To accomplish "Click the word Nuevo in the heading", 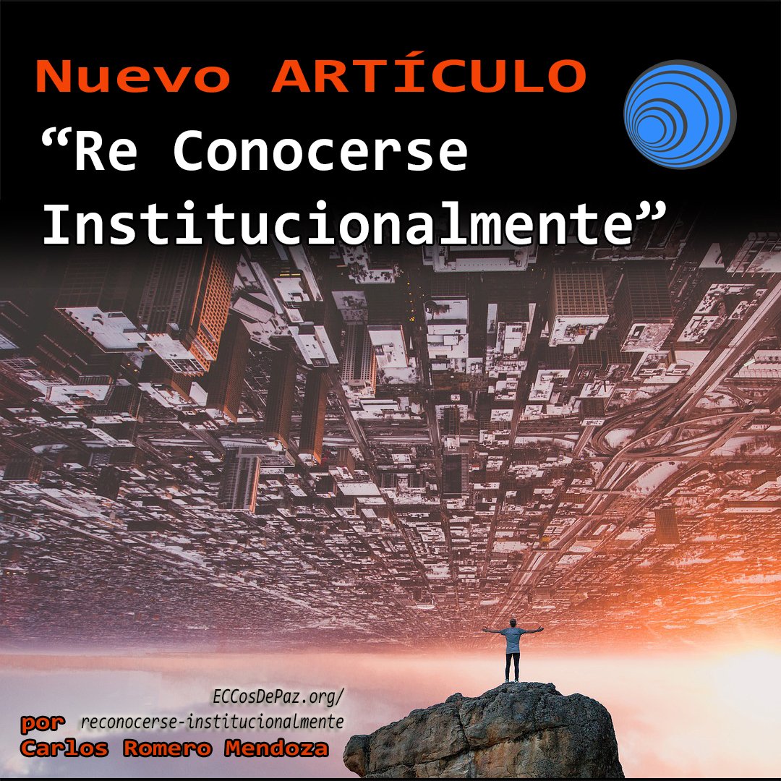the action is pyautogui.click(x=133, y=76).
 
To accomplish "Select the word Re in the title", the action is pyautogui.click(x=106, y=150).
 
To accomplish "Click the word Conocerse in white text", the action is pyautogui.click(x=320, y=150).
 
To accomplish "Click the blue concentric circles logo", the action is pyautogui.click(x=680, y=114).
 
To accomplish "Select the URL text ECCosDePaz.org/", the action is pyautogui.click(x=278, y=697).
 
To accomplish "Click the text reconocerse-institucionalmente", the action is pyautogui.click(x=212, y=722).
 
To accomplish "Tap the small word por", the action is pyautogui.click(x=43, y=723).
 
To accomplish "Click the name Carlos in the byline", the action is pyautogui.click(x=64, y=748).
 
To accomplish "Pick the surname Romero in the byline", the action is pyautogui.click(x=167, y=748).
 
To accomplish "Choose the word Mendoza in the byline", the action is pyautogui.click(x=276, y=748).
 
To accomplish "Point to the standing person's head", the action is pyautogui.click(x=513, y=623).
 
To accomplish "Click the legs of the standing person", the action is pyautogui.click(x=513, y=667).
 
